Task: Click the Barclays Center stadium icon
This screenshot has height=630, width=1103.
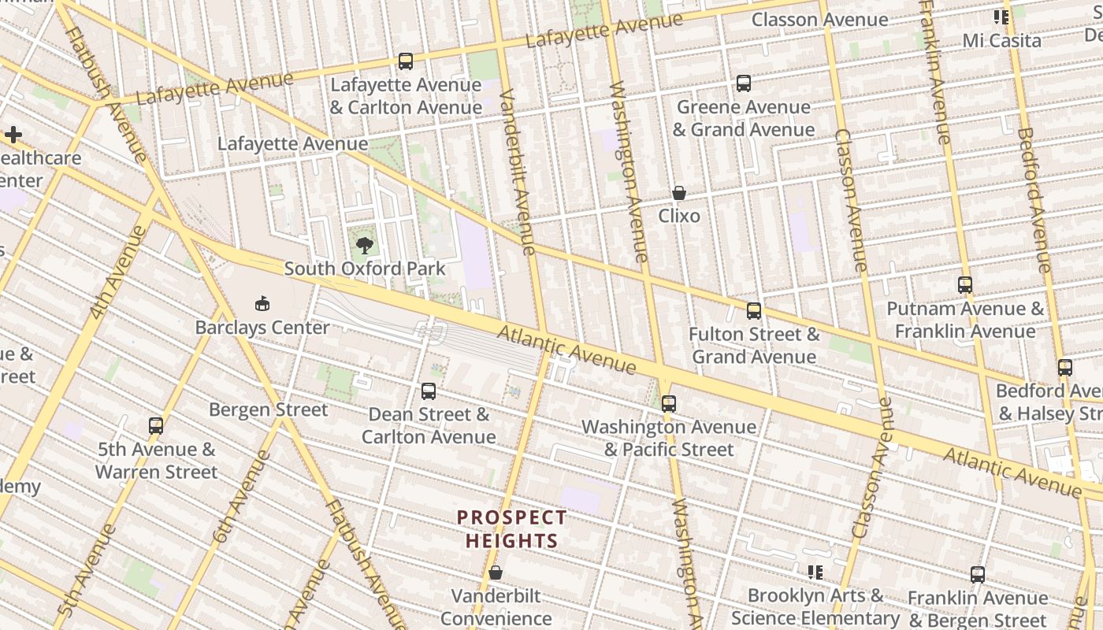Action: [262, 304]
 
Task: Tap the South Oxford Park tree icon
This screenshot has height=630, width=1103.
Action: [364, 246]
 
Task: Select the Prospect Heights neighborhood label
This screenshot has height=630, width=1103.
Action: [511, 529]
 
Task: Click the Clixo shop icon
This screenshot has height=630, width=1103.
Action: [678, 193]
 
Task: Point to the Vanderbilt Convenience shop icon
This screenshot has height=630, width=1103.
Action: [496, 573]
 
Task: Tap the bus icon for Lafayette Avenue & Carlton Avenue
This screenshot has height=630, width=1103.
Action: [406, 61]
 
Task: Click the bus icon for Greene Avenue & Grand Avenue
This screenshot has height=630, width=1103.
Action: [743, 83]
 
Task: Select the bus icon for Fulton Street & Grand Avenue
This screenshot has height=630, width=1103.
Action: [754, 310]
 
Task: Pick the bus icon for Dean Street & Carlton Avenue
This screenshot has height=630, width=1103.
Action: [429, 391]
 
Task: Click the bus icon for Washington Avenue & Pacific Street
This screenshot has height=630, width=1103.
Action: [669, 403]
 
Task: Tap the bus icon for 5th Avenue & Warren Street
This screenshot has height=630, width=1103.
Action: [156, 426]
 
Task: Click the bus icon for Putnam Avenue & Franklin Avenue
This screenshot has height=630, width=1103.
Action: [965, 285]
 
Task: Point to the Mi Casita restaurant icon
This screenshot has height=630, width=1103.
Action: [1001, 17]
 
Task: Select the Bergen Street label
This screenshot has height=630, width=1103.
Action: [268, 409]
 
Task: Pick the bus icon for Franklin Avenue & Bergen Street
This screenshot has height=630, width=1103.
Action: [978, 574]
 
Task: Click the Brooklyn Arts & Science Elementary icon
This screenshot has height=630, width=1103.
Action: [815, 572]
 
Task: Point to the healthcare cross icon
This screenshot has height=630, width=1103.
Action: [13, 135]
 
